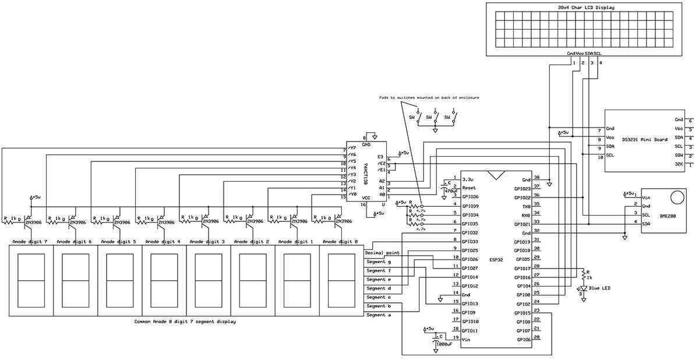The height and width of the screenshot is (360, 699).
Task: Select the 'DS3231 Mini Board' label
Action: click(x=644, y=139)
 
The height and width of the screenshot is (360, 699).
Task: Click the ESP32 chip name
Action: click(x=496, y=260)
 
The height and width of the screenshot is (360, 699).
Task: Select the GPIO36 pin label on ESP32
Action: click(x=470, y=197)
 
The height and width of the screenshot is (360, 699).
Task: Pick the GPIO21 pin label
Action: click(x=522, y=224)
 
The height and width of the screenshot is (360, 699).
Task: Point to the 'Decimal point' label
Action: click(x=382, y=253)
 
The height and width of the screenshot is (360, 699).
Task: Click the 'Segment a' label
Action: click(x=379, y=315)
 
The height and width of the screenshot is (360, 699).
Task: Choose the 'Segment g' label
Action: click(x=379, y=262)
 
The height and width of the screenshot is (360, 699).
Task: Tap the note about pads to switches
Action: click(x=429, y=97)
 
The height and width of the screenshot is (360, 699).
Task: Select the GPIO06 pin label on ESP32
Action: click(x=523, y=339)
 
